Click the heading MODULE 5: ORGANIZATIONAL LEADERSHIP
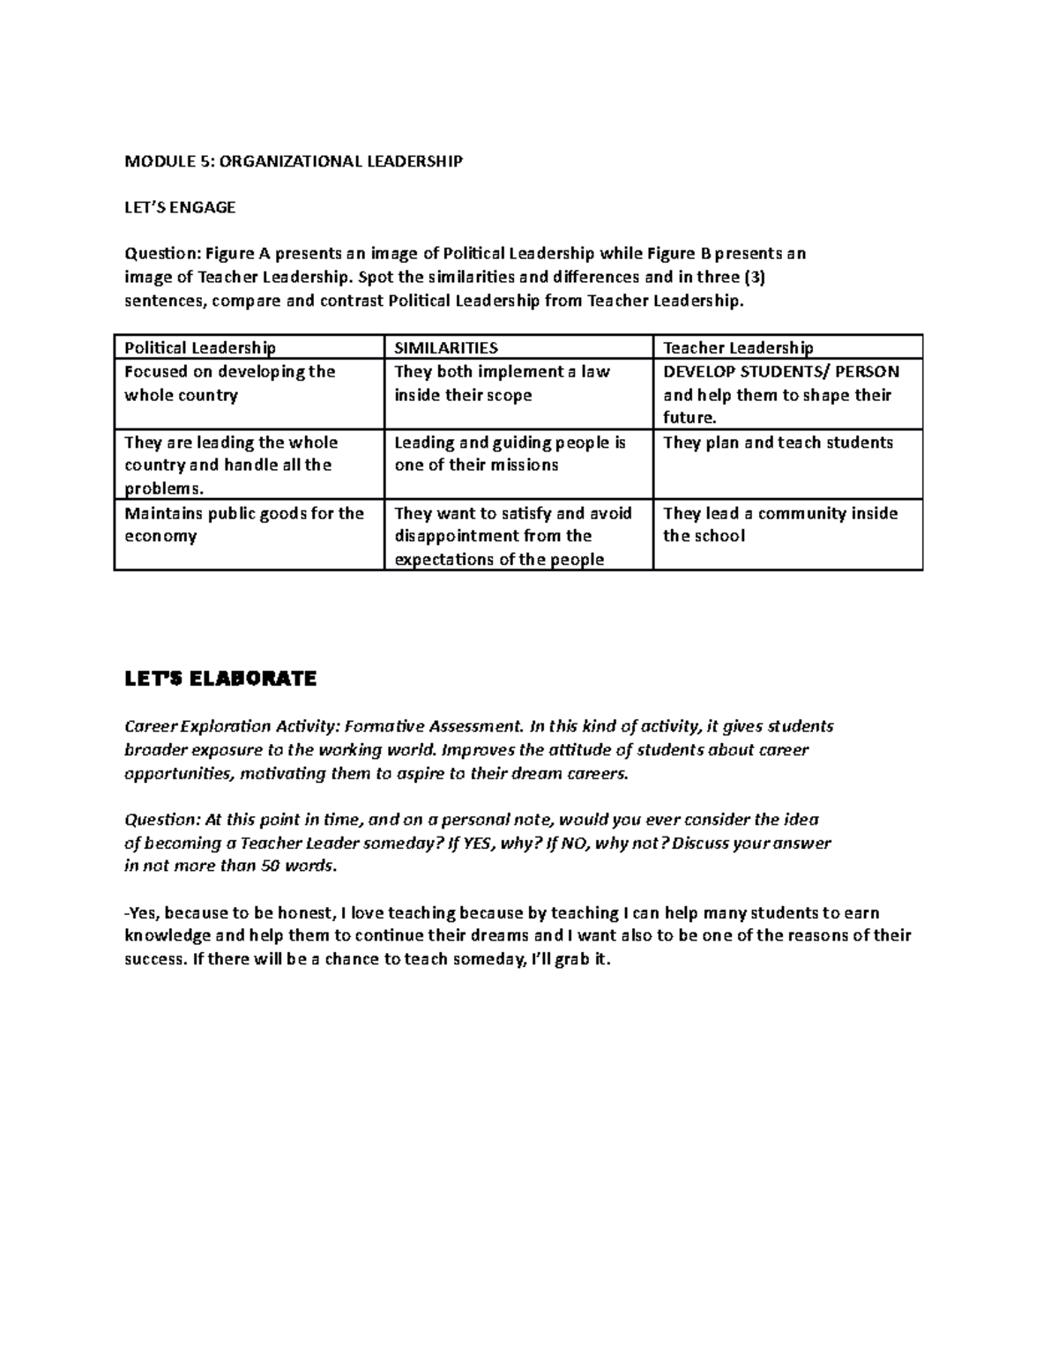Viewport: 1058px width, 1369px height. tap(293, 161)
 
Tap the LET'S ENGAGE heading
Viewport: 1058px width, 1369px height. tap(180, 208)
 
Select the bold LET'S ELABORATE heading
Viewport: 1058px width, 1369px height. tap(220, 679)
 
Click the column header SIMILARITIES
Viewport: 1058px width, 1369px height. tap(446, 348)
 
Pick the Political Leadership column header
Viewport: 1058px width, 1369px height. tap(200, 348)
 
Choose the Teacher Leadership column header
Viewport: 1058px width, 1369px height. tap(738, 348)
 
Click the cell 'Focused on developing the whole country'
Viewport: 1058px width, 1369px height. tap(229, 383)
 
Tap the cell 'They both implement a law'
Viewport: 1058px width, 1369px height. tap(502, 383)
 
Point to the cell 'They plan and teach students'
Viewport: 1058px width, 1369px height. tap(778, 443)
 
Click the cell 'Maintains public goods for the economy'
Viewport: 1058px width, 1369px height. tap(243, 525)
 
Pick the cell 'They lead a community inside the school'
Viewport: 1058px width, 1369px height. tap(779, 525)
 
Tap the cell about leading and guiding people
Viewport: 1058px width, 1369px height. tap(510, 454)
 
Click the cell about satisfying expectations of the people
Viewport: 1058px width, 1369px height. tap(512, 536)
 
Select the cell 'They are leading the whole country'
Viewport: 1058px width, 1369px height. tap(230, 465)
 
